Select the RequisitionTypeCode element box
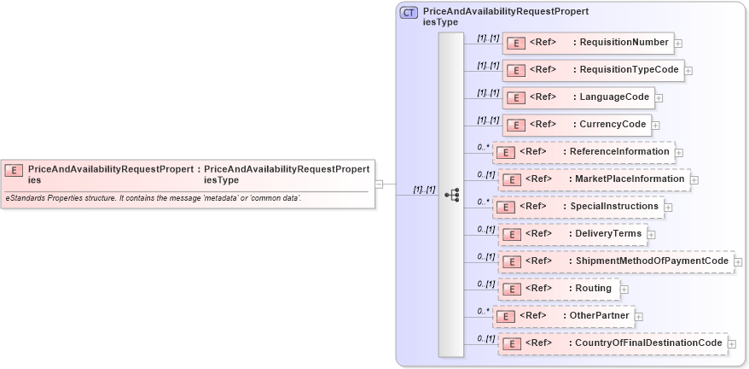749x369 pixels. click(592, 70)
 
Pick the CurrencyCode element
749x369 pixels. click(576, 125)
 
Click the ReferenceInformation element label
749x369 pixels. click(618, 152)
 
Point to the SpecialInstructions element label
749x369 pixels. click(613, 207)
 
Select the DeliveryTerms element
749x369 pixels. click(571, 234)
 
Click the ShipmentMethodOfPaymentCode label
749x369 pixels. click(652, 261)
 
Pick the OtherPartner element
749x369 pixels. click(563, 316)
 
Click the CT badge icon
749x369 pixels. click(409, 13)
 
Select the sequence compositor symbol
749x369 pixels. click(451, 196)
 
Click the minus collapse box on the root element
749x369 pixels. click(379, 183)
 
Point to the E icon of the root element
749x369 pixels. click(14, 170)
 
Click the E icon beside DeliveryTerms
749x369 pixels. click(511, 234)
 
